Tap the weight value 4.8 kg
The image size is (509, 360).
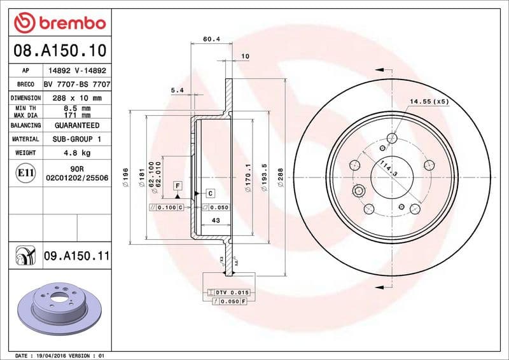(x=76, y=153)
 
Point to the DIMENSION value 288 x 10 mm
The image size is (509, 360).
(x=76, y=98)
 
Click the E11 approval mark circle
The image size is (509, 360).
(x=25, y=172)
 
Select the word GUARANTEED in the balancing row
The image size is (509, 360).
(x=76, y=126)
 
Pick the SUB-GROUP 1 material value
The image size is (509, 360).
(x=76, y=139)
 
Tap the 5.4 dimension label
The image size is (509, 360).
(x=178, y=90)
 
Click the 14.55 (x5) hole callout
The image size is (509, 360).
(x=429, y=101)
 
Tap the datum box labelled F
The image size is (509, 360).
(x=178, y=185)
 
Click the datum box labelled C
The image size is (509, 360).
(x=210, y=193)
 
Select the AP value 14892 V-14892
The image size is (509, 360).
(x=76, y=71)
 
